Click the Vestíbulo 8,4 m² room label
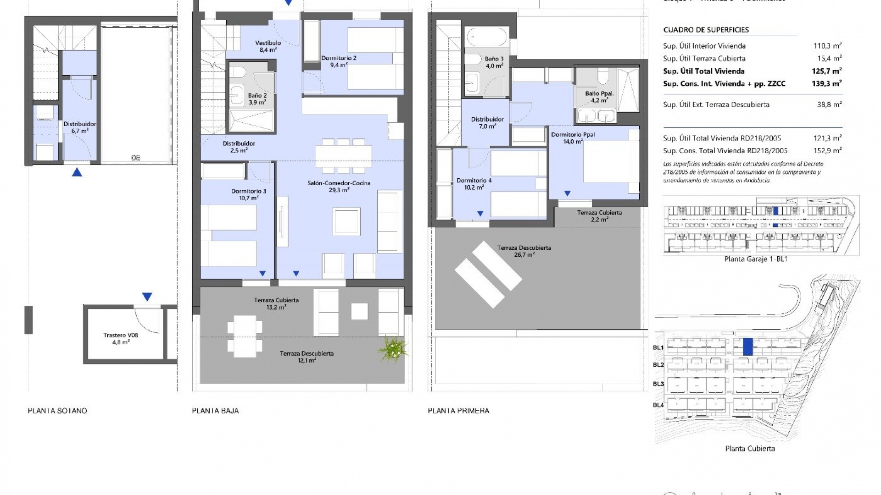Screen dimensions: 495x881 point(268,46)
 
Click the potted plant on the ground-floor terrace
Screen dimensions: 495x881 point(393,349)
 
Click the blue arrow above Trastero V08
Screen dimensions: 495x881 point(147,297)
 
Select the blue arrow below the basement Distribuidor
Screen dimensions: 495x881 point(77,172)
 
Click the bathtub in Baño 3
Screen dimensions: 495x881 point(487,37)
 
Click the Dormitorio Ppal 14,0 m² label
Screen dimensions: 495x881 point(573,138)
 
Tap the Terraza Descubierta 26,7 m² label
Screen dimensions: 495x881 point(524,251)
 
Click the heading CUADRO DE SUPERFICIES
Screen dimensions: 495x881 point(706,30)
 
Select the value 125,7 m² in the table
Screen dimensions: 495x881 point(826,71)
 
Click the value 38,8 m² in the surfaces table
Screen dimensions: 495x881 point(829,104)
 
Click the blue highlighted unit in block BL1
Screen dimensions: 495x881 point(747,346)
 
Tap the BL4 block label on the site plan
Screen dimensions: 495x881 point(658,405)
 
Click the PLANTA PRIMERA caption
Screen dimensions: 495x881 point(458,411)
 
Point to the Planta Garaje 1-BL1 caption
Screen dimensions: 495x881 point(756,259)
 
